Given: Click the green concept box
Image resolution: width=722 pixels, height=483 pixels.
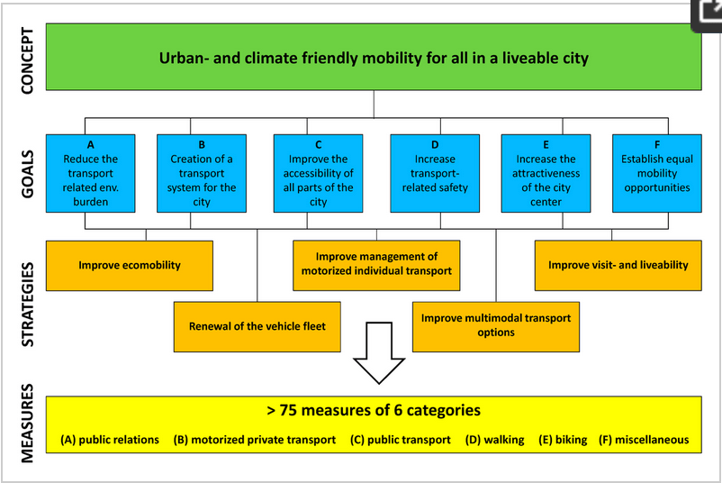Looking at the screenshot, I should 374,58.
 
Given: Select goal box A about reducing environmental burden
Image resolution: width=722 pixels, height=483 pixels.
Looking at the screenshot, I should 90,173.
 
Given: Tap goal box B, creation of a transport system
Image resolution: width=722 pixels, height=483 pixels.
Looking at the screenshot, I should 202,173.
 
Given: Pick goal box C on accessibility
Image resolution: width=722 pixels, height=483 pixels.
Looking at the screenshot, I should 318,173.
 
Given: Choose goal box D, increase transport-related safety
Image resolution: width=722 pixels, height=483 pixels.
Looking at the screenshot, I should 435,173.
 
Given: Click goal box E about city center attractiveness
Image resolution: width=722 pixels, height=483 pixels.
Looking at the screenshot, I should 546,173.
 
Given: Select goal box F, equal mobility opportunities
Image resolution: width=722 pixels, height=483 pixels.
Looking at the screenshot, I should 656,173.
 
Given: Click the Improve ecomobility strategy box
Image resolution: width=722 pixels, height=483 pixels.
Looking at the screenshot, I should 130,265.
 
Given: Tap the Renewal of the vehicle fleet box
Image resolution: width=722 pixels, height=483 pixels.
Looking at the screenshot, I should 257,326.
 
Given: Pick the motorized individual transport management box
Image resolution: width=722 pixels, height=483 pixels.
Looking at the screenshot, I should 376,264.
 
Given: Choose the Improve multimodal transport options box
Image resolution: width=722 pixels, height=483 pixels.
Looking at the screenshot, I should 496,325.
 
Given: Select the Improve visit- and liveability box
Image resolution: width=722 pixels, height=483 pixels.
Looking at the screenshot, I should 618,265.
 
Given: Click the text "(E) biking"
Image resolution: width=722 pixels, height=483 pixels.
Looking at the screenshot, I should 563,440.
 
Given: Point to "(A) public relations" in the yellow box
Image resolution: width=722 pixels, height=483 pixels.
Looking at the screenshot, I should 110,440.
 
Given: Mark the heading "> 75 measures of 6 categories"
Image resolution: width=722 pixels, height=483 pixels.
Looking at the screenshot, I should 374,411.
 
